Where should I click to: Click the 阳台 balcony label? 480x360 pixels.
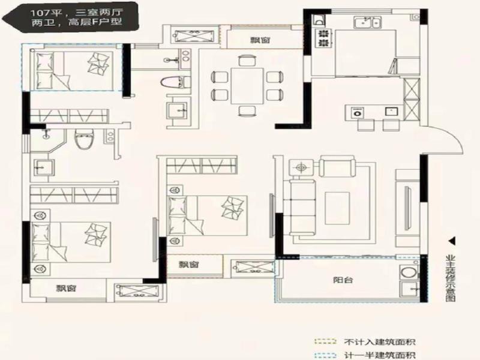pyautogui.click(x=343, y=280)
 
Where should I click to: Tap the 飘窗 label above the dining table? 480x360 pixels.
pyautogui.click(x=260, y=40)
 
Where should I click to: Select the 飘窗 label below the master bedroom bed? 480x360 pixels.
pyautogui.click(x=66, y=288)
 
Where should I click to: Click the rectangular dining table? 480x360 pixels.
pyautogui.click(x=247, y=86)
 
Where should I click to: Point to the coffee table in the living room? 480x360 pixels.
pyautogui.click(x=337, y=208)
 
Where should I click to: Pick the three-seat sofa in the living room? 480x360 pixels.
pyautogui.click(x=302, y=208)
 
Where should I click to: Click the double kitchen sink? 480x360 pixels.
pyautogui.click(x=368, y=22)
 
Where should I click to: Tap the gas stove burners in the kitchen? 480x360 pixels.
pyautogui.click(x=323, y=38)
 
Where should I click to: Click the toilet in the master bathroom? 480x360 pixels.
pyautogui.click(x=85, y=139)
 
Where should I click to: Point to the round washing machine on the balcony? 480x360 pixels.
pyautogui.click(x=409, y=272)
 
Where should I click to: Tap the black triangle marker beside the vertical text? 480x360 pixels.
pyautogui.click(x=452, y=241)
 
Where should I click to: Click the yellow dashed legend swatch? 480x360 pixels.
pyautogui.click(x=325, y=341)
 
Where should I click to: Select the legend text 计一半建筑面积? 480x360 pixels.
pyautogui.click(x=380, y=355)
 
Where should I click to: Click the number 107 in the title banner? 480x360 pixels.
pyautogui.click(x=40, y=13)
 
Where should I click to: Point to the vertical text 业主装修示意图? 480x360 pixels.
pyautogui.click(x=451, y=278)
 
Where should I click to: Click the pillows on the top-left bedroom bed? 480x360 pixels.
pyautogui.click(x=98, y=63)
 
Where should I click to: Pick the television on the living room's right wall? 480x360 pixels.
pyautogui.click(x=407, y=208)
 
